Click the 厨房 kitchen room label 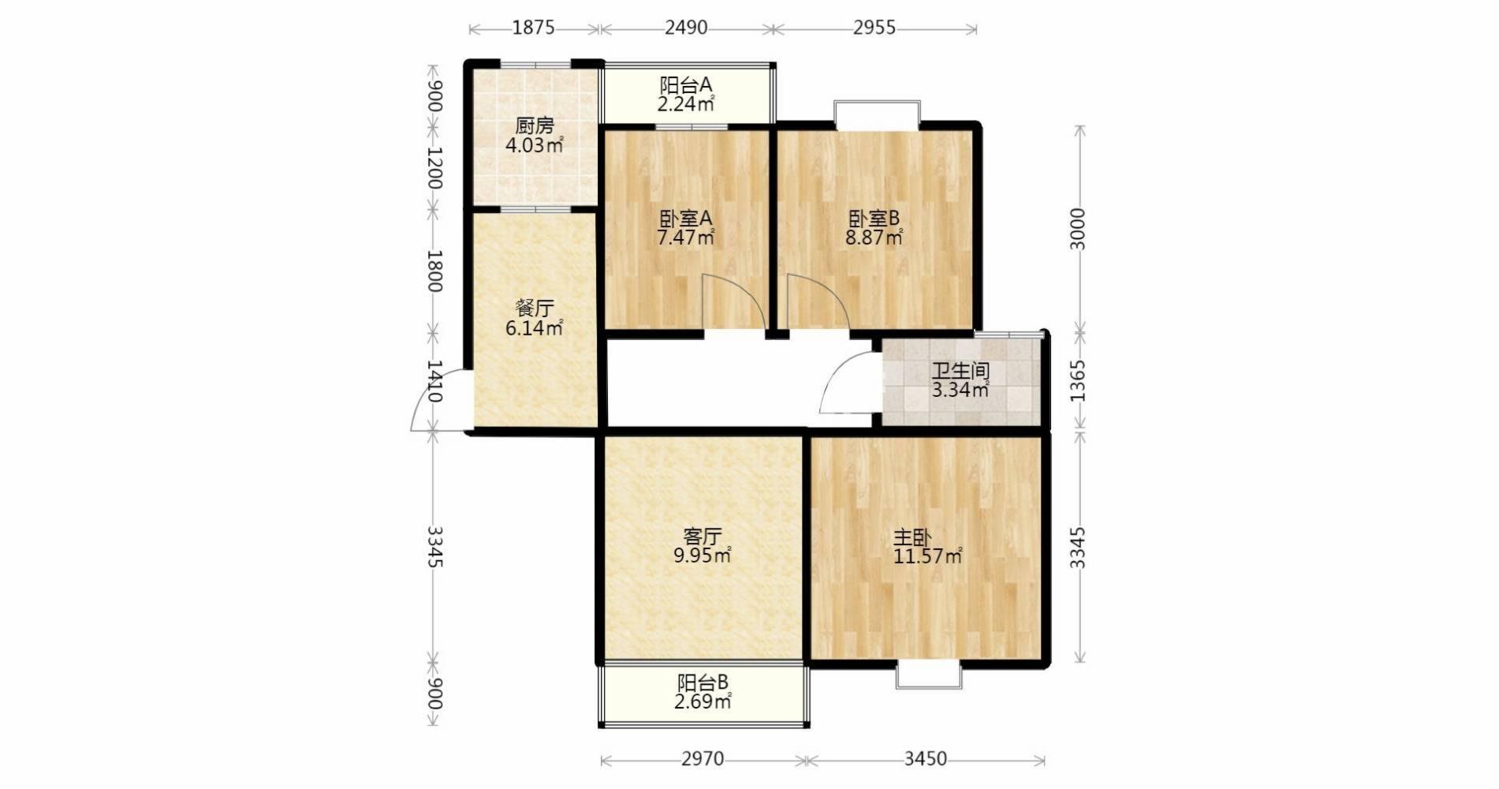click(535, 125)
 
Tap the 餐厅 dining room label click(535, 308)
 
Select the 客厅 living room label click(702, 537)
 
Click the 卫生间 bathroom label click(960, 371)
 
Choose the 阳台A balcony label click(686, 84)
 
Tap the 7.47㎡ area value click(686, 237)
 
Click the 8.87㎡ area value click(874, 237)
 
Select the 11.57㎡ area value click(928, 556)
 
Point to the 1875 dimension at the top click(534, 28)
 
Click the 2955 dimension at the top click(874, 28)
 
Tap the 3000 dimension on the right click(1078, 230)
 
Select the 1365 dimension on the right click(1078, 381)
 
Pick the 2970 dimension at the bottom click(703, 759)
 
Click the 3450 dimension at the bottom click(926, 759)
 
